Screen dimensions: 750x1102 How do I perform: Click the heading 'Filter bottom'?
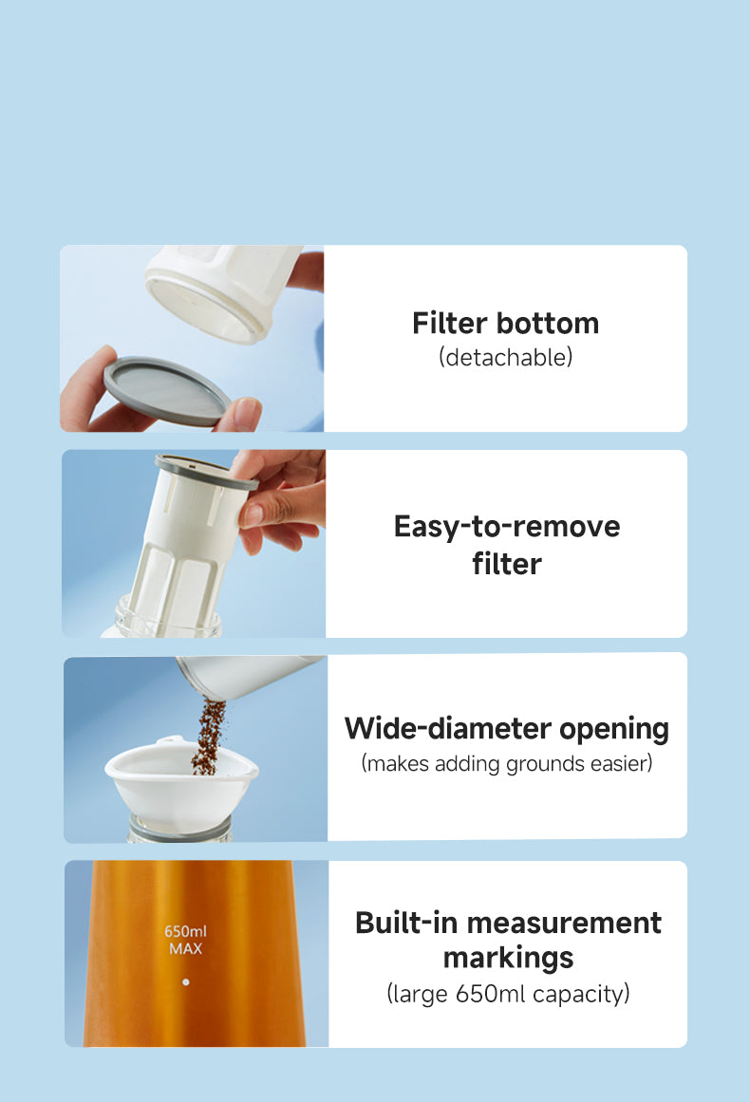(x=505, y=324)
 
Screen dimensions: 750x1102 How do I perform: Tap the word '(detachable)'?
(x=505, y=357)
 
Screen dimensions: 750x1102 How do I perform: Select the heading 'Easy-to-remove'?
(x=507, y=527)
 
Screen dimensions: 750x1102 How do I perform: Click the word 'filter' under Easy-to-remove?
(x=507, y=564)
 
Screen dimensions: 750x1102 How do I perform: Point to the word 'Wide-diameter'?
(x=448, y=728)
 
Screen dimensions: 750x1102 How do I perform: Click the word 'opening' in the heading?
(x=614, y=730)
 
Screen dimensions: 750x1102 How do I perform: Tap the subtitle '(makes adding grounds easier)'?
(x=507, y=763)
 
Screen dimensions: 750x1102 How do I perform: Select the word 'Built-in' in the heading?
(x=406, y=922)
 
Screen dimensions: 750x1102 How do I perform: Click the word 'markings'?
(x=508, y=959)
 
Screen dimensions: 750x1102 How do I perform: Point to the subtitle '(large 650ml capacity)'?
(x=508, y=994)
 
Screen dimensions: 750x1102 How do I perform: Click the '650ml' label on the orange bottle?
(x=185, y=931)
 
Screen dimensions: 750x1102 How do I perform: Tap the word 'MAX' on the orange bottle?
(x=185, y=949)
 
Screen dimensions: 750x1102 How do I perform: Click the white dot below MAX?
(x=185, y=981)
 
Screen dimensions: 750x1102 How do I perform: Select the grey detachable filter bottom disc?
(x=167, y=391)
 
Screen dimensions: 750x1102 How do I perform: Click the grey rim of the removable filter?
(x=207, y=472)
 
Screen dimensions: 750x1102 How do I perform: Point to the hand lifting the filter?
(x=282, y=499)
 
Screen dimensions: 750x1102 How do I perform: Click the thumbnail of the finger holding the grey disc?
(x=246, y=414)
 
